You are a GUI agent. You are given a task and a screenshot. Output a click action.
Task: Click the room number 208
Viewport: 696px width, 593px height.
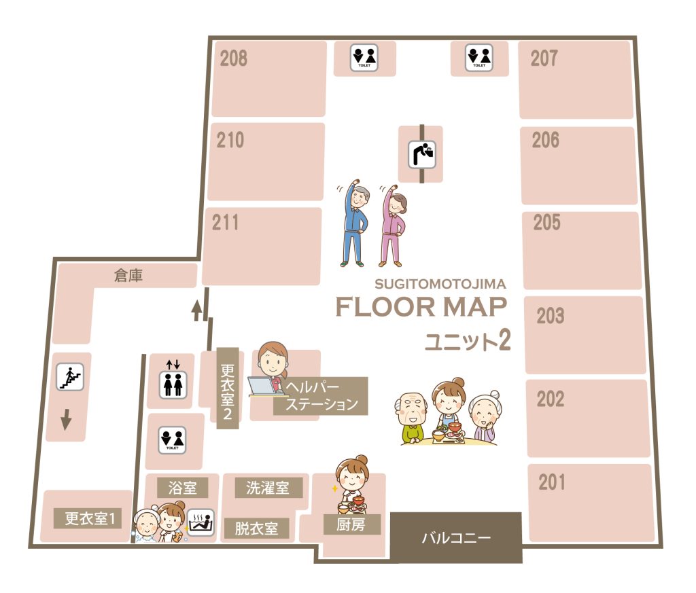(234, 58)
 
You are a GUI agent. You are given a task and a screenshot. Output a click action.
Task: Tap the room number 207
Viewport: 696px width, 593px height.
(544, 58)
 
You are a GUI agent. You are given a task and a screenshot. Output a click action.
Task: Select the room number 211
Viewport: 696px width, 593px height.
(225, 223)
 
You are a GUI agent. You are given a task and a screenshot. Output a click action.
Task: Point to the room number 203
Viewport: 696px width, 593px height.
(551, 316)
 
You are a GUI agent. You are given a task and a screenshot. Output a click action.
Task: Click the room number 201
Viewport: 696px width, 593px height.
(552, 482)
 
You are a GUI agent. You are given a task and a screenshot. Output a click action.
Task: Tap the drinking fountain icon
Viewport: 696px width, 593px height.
(421, 154)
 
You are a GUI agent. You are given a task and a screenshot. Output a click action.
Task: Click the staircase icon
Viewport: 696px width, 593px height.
(70, 376)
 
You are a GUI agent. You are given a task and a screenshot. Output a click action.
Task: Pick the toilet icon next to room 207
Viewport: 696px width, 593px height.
(479, 58)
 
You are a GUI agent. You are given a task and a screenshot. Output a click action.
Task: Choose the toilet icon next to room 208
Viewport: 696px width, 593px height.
(364, 58)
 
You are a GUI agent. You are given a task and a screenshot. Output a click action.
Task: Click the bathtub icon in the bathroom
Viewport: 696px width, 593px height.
(201, 522)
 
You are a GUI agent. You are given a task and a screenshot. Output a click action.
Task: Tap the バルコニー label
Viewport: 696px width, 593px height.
(456, 538)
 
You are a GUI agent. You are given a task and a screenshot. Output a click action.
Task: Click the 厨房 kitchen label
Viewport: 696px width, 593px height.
(351, 524)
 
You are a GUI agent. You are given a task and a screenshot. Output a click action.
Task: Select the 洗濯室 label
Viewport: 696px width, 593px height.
(268, 488)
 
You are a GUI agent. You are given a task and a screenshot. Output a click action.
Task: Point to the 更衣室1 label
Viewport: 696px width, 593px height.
(90, 518)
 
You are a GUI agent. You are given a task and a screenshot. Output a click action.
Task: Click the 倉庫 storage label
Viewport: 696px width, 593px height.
(128, 275)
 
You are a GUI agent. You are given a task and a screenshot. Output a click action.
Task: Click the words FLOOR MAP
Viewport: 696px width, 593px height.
(421, 307)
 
